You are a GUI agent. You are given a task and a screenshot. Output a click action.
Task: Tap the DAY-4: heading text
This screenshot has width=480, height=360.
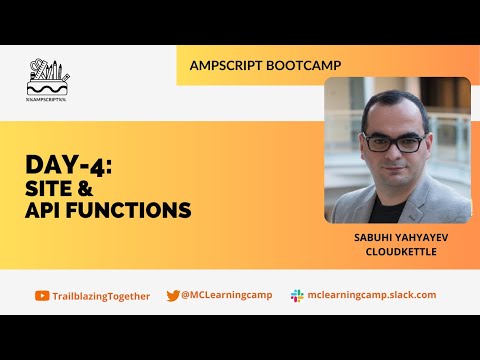[69, 166]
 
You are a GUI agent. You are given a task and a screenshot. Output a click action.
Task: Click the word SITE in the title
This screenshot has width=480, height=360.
[53, 188]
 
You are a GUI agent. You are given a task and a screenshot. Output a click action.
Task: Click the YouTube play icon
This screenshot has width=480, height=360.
[42, 296]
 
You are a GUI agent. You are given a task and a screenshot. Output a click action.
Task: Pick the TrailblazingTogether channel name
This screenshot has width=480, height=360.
[102, 296]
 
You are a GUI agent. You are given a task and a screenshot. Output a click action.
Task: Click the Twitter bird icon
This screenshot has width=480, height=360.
[173, 296]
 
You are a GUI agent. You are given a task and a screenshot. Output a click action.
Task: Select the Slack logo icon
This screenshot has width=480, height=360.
[297, 296]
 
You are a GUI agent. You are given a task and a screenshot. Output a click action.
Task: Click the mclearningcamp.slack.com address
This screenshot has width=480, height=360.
[372, 296]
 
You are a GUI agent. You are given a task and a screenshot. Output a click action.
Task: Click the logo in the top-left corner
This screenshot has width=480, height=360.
[49, 78]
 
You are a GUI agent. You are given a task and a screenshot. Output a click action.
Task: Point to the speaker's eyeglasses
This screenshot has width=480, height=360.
[394, 142]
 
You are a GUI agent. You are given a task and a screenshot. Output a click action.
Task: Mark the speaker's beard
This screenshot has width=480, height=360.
[395, 170]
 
